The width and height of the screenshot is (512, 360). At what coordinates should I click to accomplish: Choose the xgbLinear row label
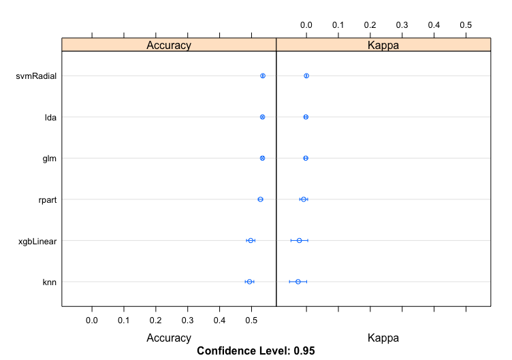[37, 240]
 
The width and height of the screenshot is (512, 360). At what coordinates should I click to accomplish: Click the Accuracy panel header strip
[169, 45]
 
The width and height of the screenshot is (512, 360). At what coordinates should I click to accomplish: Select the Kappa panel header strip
[383, 45]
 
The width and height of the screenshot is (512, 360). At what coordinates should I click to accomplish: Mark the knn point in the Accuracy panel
[249, 282]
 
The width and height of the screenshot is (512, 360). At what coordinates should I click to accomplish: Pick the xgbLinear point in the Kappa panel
[299, 240]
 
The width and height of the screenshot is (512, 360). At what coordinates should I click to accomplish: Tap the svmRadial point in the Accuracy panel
[263, 76]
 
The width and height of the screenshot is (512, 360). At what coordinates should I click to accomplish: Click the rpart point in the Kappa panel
[304, 199]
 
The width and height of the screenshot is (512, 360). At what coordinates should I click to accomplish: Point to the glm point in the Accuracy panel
[262, 158]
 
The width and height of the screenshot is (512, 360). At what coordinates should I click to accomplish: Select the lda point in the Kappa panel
[306, 117]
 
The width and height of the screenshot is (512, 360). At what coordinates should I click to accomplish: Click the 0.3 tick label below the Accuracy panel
[188, 319]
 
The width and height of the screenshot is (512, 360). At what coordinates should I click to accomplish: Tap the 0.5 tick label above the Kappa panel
[466, 24]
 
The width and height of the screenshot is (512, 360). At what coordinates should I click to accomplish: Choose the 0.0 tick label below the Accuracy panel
[92, 319]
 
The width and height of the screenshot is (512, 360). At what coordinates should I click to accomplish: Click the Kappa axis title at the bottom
[383, 338]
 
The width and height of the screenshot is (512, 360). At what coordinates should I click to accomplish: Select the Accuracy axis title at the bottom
[169, 338]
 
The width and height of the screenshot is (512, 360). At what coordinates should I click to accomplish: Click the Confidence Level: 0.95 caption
[255, 351]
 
